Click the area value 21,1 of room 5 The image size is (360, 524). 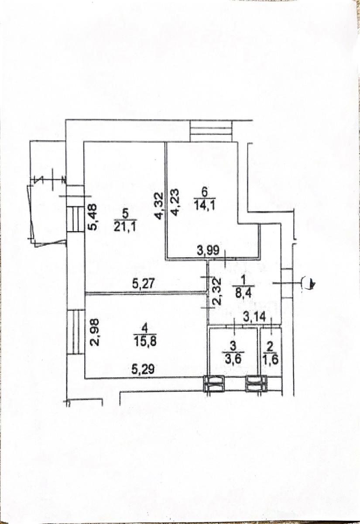click(x=126, y=227)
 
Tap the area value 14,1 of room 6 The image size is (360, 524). click(x=205, y=206)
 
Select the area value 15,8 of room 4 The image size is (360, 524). click(x=145, y=342)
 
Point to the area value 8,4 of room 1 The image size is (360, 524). click(x=243, y=293)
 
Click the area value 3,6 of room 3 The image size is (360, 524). click(x=233, y=359)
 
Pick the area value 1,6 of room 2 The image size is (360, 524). click(x=271, y=359)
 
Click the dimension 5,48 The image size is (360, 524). click(x=92, y=217)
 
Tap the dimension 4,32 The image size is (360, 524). click(x=160, y=206)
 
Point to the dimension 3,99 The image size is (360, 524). click(x=208, y=251)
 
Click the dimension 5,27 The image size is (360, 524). click(x=143, y=284)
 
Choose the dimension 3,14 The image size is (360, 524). click(x=255, y=317)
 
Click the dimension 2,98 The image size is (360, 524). click(x=95, y=333)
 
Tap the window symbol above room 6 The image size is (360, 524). click(x=211, y=131)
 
